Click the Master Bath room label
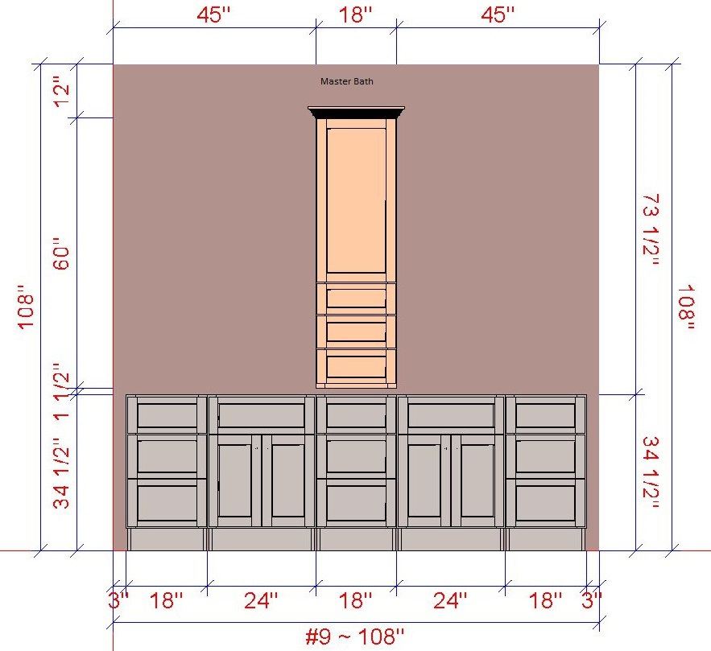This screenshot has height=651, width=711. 347,81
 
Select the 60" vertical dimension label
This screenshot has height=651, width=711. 62,253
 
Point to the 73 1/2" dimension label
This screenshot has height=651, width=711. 651,229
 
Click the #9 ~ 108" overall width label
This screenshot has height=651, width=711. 354,637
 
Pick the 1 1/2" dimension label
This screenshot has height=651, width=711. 62,392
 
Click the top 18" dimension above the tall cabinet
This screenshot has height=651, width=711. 356,14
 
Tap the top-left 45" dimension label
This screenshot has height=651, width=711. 214,14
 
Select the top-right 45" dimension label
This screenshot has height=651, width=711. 498,14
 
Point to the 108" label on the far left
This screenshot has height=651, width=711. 26,307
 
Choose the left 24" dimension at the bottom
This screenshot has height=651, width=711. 261,601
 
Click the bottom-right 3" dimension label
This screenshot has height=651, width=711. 591,601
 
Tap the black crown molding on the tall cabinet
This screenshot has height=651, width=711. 356,113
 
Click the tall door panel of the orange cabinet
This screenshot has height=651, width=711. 356,200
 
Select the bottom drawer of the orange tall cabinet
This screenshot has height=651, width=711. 357,366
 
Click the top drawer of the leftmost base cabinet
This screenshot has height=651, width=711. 167,415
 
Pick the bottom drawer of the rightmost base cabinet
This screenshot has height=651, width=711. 545,503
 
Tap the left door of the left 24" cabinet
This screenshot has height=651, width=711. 234,480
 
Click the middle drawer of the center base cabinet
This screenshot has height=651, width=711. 357,456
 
